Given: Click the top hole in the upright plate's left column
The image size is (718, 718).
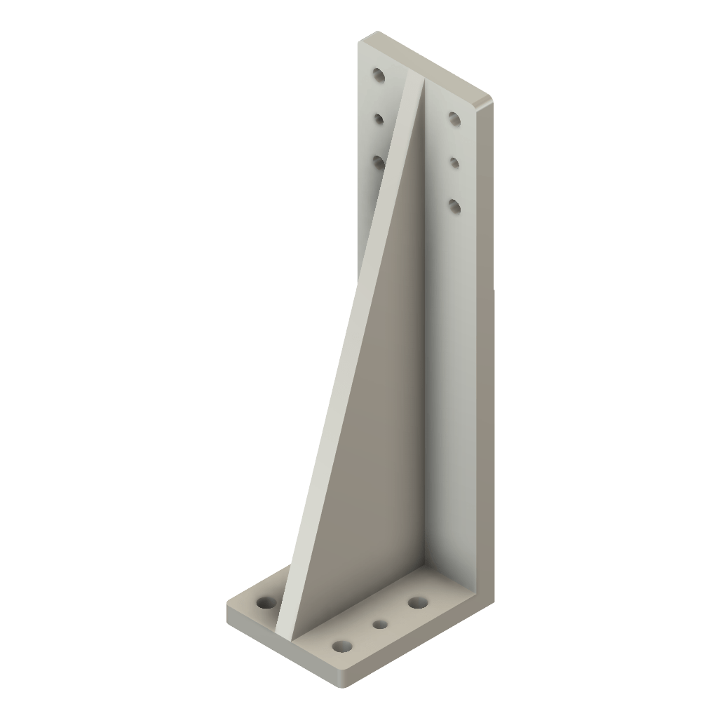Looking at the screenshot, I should (x=379, y=74).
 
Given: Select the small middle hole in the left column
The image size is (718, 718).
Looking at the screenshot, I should (x=379, y=119).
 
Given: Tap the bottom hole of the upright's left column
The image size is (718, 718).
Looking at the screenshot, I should (x=379, y=162).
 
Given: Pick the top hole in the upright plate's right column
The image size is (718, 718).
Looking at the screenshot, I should (x=454, y=118).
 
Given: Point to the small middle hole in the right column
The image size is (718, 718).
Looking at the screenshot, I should (x=454, y=163).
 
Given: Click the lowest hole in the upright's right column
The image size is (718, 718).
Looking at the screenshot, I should (x=454, y=205).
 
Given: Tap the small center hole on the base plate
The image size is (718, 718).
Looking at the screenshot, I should (x=380, y=623).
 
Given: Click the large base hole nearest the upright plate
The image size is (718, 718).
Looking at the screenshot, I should (x=419, y=602).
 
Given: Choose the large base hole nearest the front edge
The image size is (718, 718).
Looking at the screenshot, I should (x=342, y=646).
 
